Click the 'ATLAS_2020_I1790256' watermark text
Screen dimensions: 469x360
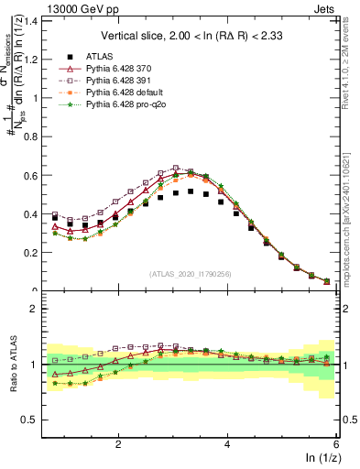(191, 274)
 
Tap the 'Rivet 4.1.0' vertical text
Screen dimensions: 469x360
(352, 64)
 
